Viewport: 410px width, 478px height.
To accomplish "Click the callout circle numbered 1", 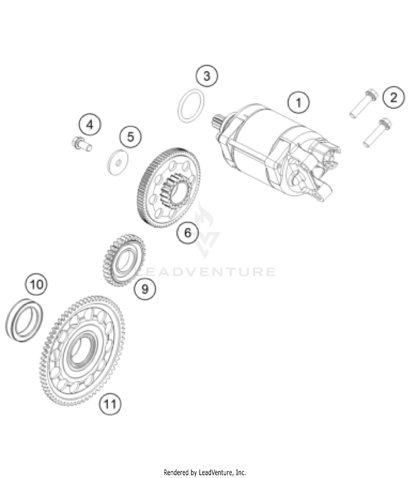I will [298, 103].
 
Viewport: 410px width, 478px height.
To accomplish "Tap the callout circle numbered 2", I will [393, 97].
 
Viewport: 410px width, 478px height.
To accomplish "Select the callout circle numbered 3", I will [207, 76].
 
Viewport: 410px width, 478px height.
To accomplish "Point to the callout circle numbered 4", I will [90, 125].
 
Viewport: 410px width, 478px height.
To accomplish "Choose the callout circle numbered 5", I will [131, 136].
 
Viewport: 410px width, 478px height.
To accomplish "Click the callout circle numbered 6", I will [188, 232].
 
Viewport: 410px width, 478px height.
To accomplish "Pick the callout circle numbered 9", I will [145, 288].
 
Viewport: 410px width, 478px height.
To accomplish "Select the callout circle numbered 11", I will [110, 404].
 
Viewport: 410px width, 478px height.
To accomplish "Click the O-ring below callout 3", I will [191, 106].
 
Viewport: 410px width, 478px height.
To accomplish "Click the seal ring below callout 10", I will [24, 320].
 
